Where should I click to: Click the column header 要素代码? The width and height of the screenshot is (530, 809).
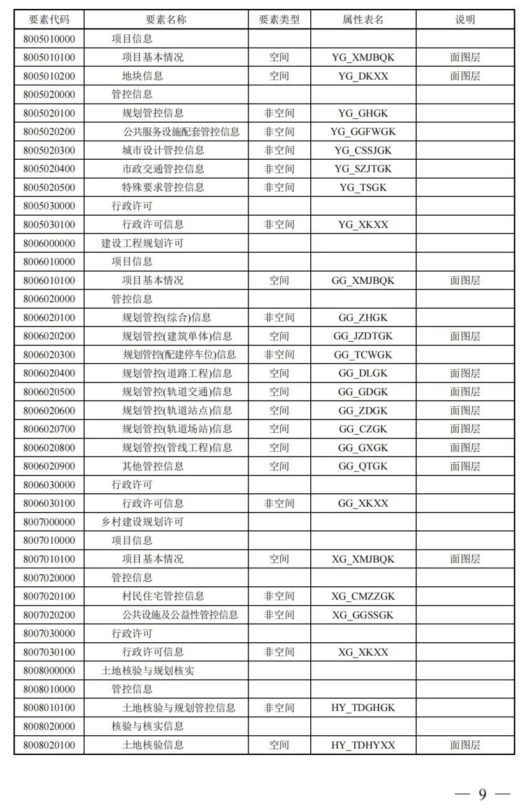click(49, 20)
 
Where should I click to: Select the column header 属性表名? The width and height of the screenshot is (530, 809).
click(363, 20)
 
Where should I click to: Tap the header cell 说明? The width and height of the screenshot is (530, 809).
click(465, 20)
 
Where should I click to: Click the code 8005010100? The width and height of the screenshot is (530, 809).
click(49, 57)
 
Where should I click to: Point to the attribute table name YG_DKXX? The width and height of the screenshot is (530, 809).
click(363, 76)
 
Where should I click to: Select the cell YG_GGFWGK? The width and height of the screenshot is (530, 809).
click(363, 132)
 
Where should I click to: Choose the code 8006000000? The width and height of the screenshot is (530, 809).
click(49, 243)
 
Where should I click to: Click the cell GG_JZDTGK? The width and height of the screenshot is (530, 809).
click(363, 336)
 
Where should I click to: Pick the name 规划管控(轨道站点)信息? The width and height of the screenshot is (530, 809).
click(177, 411)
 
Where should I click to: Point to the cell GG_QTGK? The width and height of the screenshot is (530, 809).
click(363, 467)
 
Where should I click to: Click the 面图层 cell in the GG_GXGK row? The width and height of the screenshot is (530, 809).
click(465, 447)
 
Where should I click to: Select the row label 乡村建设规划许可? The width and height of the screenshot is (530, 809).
click(143, 522)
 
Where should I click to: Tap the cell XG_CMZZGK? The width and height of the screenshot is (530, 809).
click(363, 596)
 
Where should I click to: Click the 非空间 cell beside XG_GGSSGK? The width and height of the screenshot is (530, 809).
click(279, 615)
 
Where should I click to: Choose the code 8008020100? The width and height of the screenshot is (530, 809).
click(49, 745)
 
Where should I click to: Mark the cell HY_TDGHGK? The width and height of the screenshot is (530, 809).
click(363, 708)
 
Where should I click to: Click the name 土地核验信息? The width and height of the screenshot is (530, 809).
click(153, 745)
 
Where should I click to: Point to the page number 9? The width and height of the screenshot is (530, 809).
click(482, 794)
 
